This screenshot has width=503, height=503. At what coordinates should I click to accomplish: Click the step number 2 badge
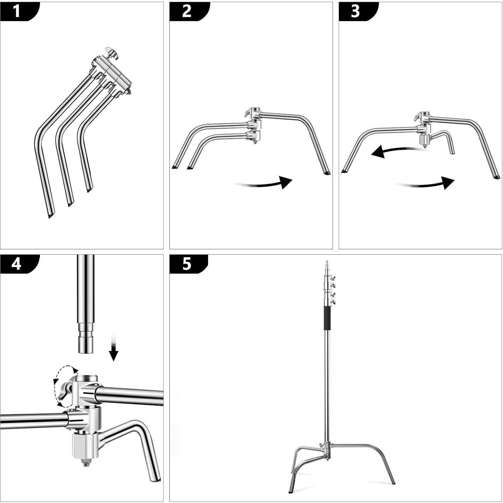pos(187,11)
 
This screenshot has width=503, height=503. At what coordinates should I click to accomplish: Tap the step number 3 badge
pos(355,11)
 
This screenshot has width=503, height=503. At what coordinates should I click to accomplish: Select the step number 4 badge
pos(16,264)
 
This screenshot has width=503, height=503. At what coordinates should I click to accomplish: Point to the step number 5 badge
pos(187,264)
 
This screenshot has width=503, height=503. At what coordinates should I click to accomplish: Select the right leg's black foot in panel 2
pos(327,173)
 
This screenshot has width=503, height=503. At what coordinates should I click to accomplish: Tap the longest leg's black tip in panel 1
pos(50,216)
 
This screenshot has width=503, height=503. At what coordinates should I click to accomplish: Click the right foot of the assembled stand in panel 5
pos(393,483)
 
